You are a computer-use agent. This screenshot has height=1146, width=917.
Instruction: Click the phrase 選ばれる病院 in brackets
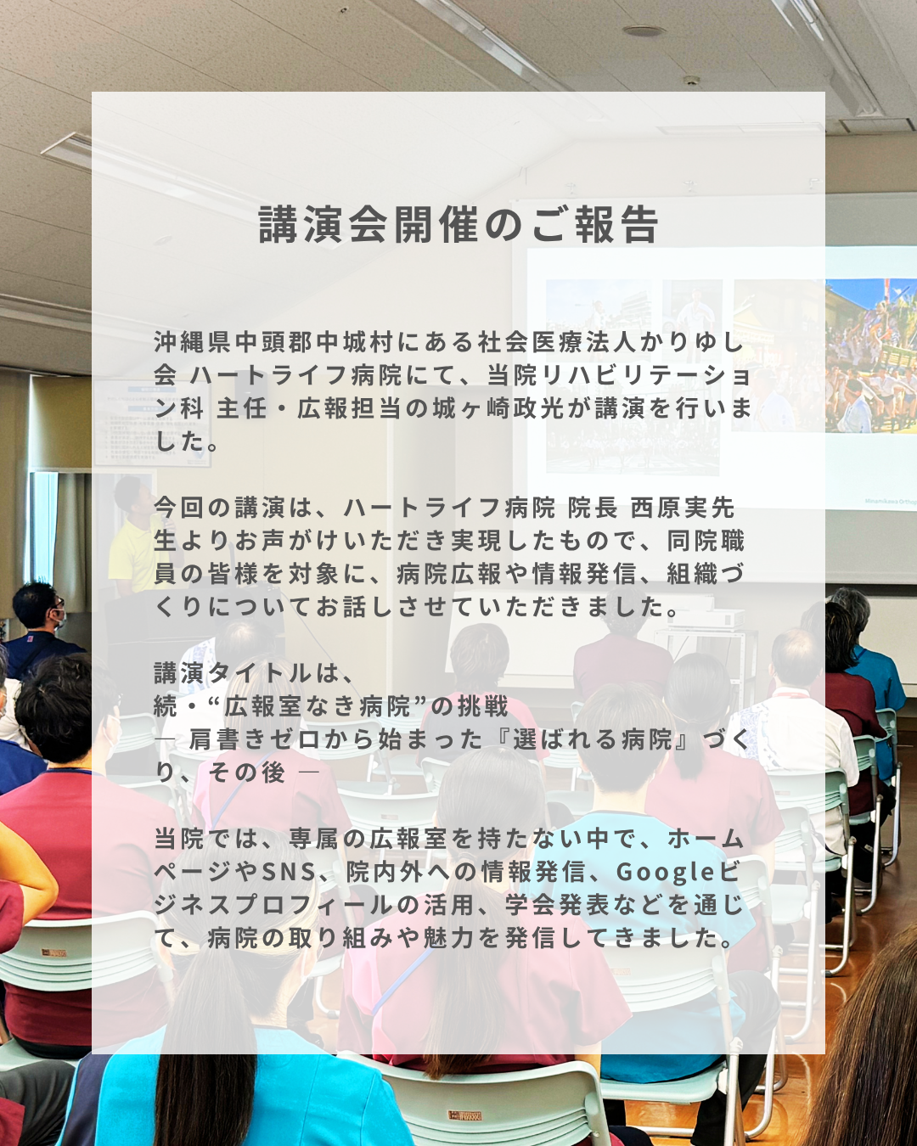tap(593, 739)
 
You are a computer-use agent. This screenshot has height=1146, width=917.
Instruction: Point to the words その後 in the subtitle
tap(247, 772)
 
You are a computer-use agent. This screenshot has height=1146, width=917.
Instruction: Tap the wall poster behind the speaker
tap(153, 424)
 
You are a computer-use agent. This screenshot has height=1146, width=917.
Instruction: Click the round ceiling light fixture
tap(644, 31)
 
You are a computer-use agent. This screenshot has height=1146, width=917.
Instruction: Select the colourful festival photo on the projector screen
tap(871, 355)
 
